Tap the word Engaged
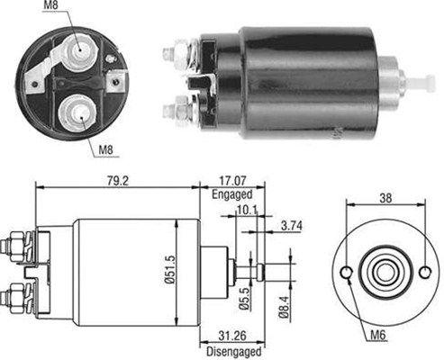click(x=232, y=194)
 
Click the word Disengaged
click(x=234, y=351)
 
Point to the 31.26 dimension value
click(x=232, y=336)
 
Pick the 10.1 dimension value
click(x=247, y=210)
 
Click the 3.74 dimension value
click(x=292, y=226)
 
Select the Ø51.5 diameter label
click(x=169, y=269)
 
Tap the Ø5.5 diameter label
click(x=245, y=298)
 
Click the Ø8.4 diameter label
click(x=285, y=307)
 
